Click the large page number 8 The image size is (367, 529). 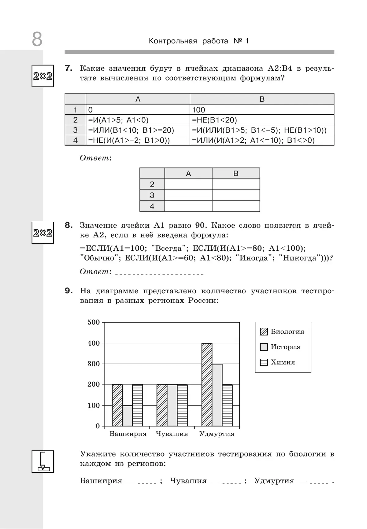[x=37, y=39]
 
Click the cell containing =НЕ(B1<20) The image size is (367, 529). [x=261, y=120]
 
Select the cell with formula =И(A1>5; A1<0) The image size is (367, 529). [x=138, y=120]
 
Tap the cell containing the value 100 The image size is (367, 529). [x=261, y=110]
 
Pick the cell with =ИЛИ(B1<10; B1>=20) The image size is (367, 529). [x=138, y=130]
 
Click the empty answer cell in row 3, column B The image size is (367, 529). [x=236, y=195]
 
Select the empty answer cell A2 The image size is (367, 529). [x=188, y=184]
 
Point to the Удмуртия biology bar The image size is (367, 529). [x=207, y=385]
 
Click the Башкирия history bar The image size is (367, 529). [x=128, y=416]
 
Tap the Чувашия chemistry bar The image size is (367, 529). [x=182, y=405]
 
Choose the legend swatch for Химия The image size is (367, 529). [x=264, y=362]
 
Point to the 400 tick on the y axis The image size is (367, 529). [x=94, y=343]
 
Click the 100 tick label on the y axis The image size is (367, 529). [x=94, y=405]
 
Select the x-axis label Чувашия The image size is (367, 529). [x=172, y=434]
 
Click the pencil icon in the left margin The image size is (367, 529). [x=43, y=461]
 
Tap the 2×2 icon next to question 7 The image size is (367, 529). [x=43, y=76]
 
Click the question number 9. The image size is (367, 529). [x=69, y=291]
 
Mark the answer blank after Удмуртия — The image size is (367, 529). [x=319, y=481]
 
